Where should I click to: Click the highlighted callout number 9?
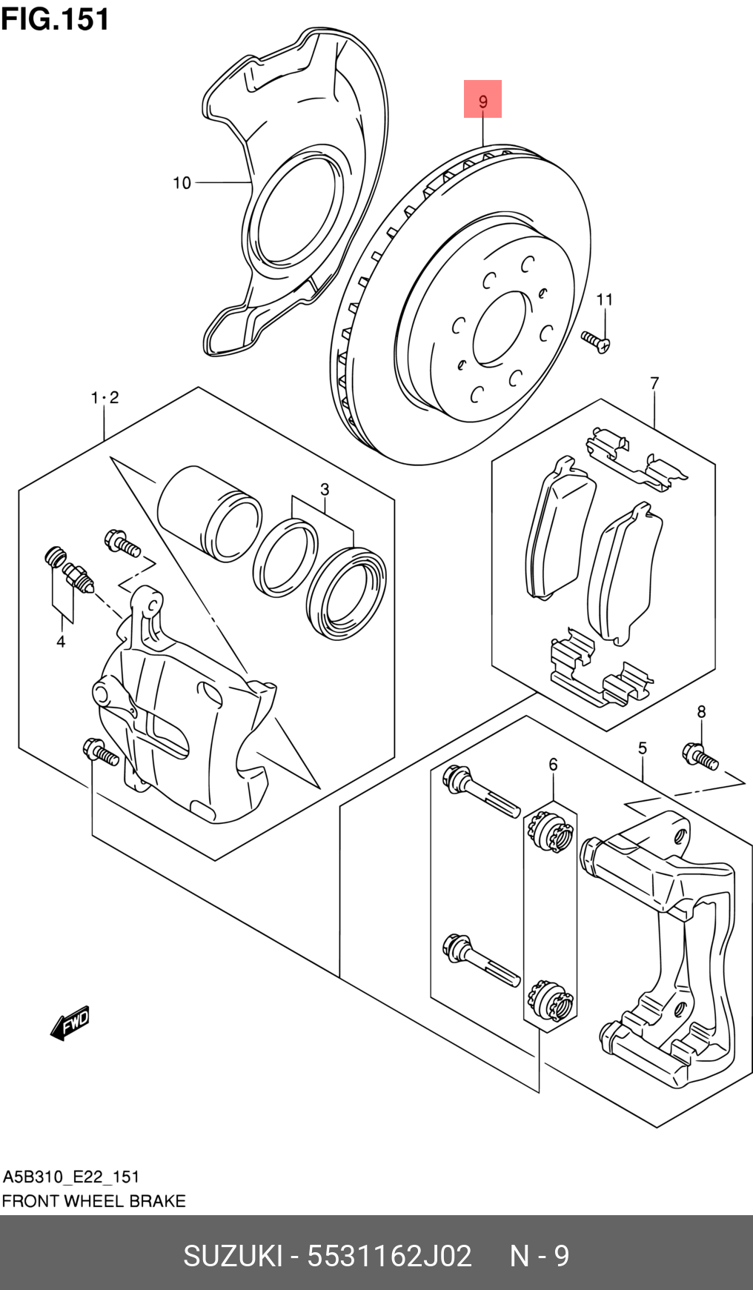pos(482,100)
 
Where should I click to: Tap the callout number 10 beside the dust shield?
pos(182,183)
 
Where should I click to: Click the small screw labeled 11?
pos(595,342)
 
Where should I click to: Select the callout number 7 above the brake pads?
pos(654,383)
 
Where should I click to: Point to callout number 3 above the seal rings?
pos(325,490)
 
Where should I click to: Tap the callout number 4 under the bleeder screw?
pos(61,642)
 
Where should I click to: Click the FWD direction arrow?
pos(70,1023)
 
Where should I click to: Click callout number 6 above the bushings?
pos(553,764)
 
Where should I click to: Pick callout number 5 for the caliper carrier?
pos(643,748)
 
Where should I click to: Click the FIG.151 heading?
pos(56,19)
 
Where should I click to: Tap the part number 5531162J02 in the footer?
pos(389,1256)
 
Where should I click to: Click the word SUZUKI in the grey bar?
pos(233,1256)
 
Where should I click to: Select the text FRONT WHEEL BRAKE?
pos(94,1201)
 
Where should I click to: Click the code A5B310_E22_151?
pos(71,1177)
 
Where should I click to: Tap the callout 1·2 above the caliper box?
pos(105,398)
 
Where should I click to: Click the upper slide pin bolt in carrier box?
pos(480,792)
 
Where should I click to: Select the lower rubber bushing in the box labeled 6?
pos(550,1000)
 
